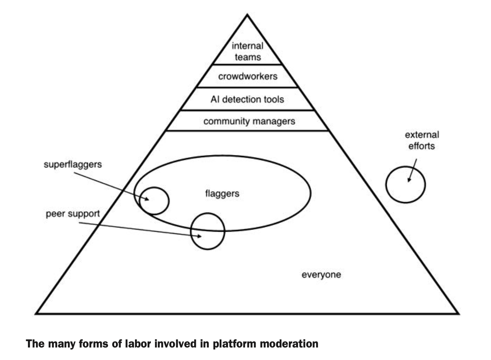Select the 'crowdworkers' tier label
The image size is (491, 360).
coord(248,77)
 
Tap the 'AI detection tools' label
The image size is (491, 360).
coord(248,99)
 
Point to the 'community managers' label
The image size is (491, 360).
coord(249,121)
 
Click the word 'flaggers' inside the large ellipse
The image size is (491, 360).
coord(223,193)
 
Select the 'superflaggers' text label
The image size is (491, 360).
coord(73,164)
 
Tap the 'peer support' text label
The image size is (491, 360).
coord(73,214)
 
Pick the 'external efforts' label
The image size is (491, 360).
coord(422,140)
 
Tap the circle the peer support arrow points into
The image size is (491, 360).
coord(207,231)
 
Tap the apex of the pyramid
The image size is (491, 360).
coord(247,15)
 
